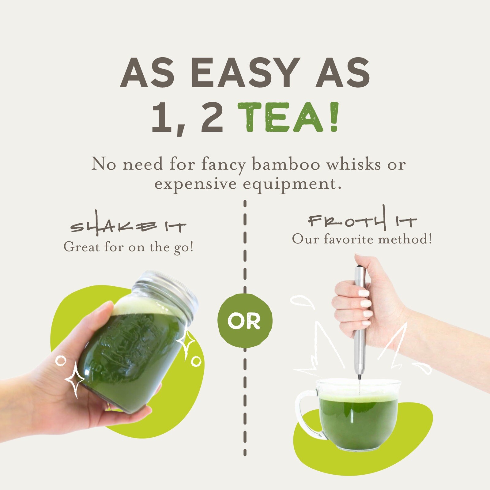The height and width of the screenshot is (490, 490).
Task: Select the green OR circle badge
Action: point(245,321)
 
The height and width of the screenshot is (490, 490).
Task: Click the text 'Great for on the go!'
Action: point(129,247)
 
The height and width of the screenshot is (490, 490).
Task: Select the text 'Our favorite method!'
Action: point(362,239)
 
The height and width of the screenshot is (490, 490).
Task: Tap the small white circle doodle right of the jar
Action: point(196,361)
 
